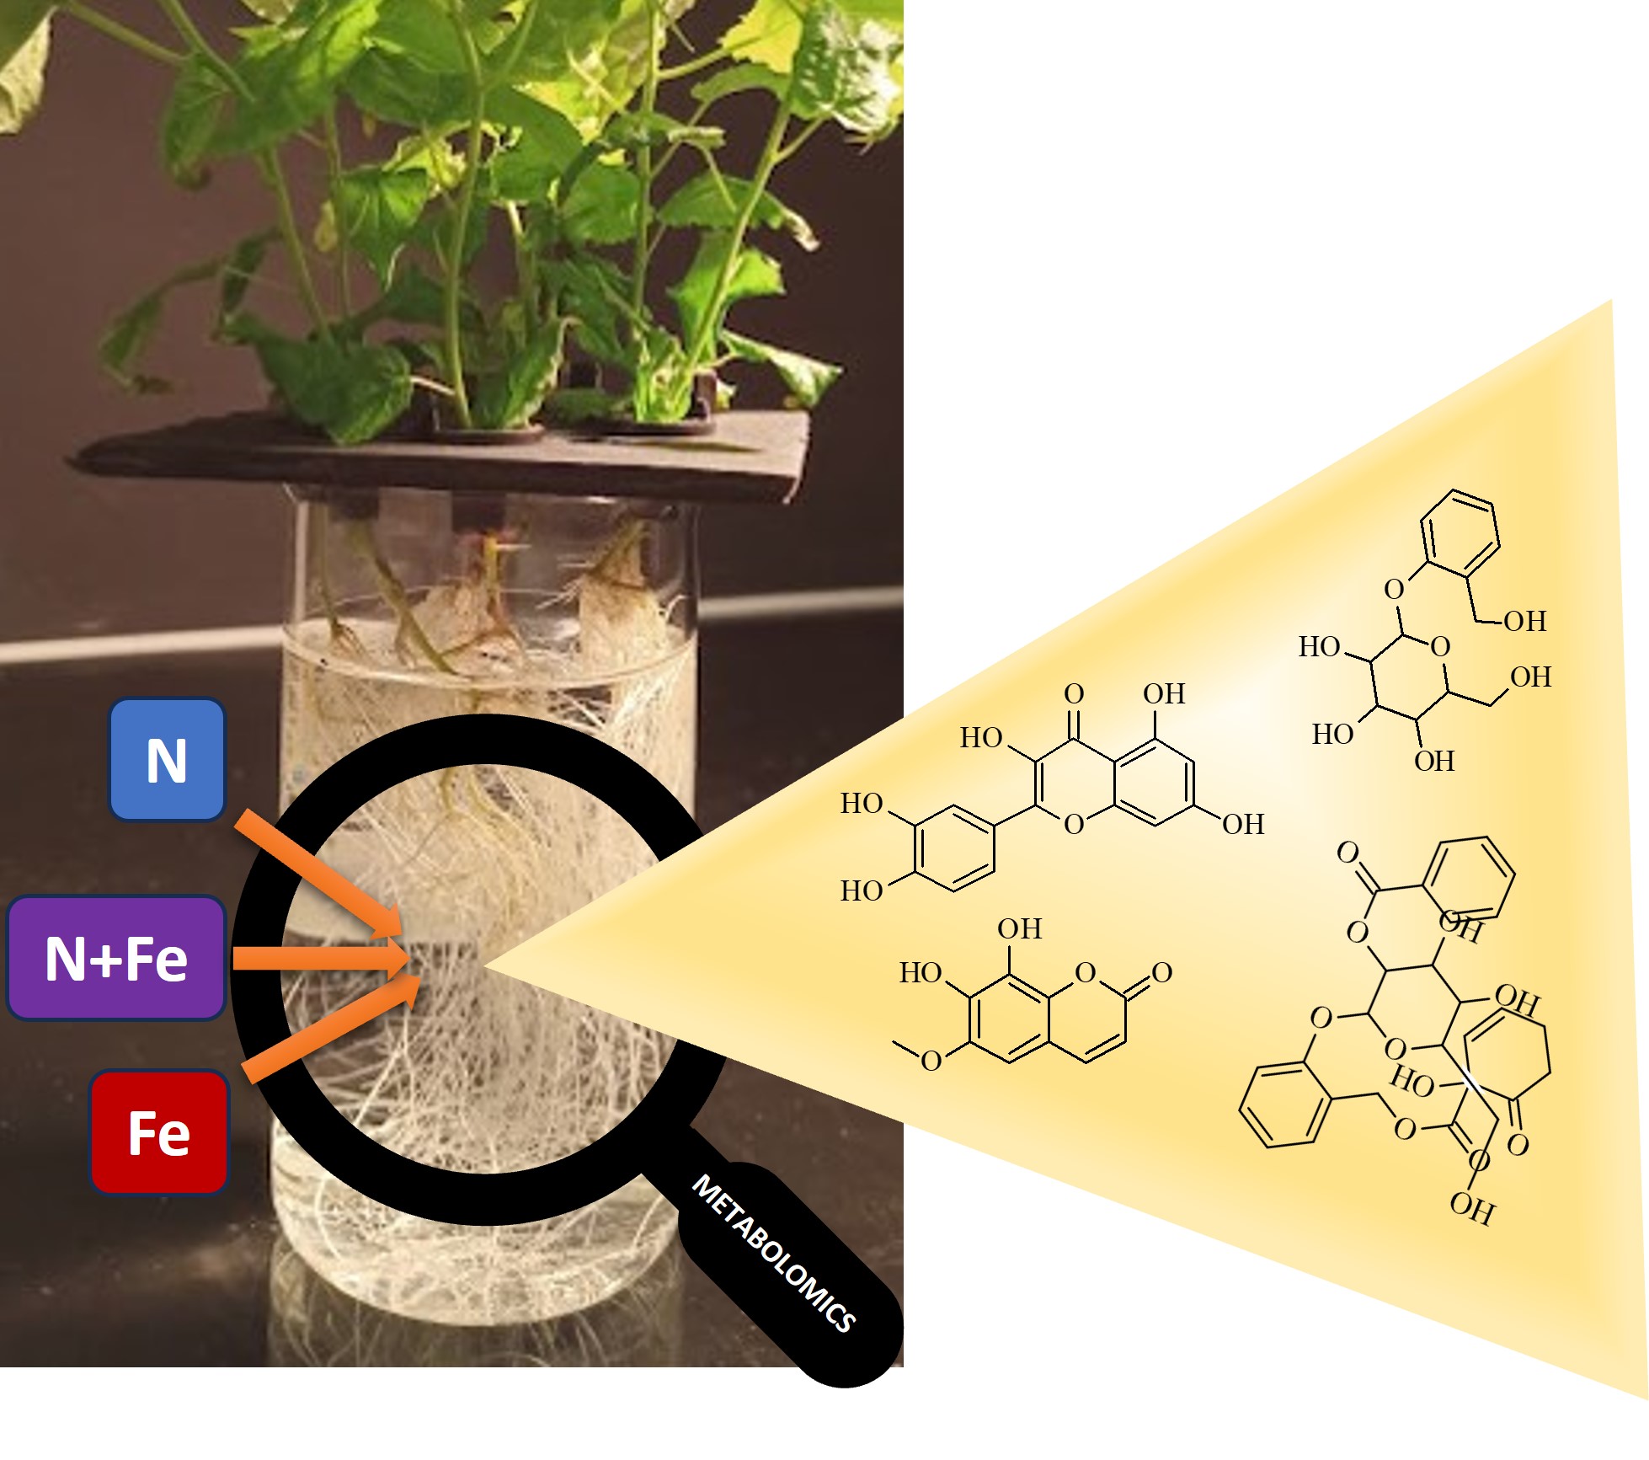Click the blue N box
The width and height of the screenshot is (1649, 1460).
point(167,760)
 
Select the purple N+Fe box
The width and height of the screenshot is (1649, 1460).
point(116,958)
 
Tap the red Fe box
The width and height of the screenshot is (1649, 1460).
point(159,1132)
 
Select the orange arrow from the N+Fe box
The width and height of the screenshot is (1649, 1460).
point(320,959)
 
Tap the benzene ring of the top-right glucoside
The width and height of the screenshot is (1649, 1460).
point(1460,533)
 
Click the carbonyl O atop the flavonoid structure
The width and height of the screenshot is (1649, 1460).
point(1073,693)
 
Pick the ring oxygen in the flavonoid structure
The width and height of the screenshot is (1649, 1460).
point(1074,824)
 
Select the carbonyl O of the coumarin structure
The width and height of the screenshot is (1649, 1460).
point(1162,972)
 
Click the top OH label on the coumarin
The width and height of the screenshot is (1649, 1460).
point(1019,928)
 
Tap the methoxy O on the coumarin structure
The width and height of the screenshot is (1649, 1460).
point(931,1061)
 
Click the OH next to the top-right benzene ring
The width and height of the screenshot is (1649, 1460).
point(1525,621)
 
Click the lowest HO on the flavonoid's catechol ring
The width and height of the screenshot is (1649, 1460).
point(861,890)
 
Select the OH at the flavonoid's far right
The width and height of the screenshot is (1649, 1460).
point(1243,824)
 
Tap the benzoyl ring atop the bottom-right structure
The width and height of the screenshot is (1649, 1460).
point(1470,879)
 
